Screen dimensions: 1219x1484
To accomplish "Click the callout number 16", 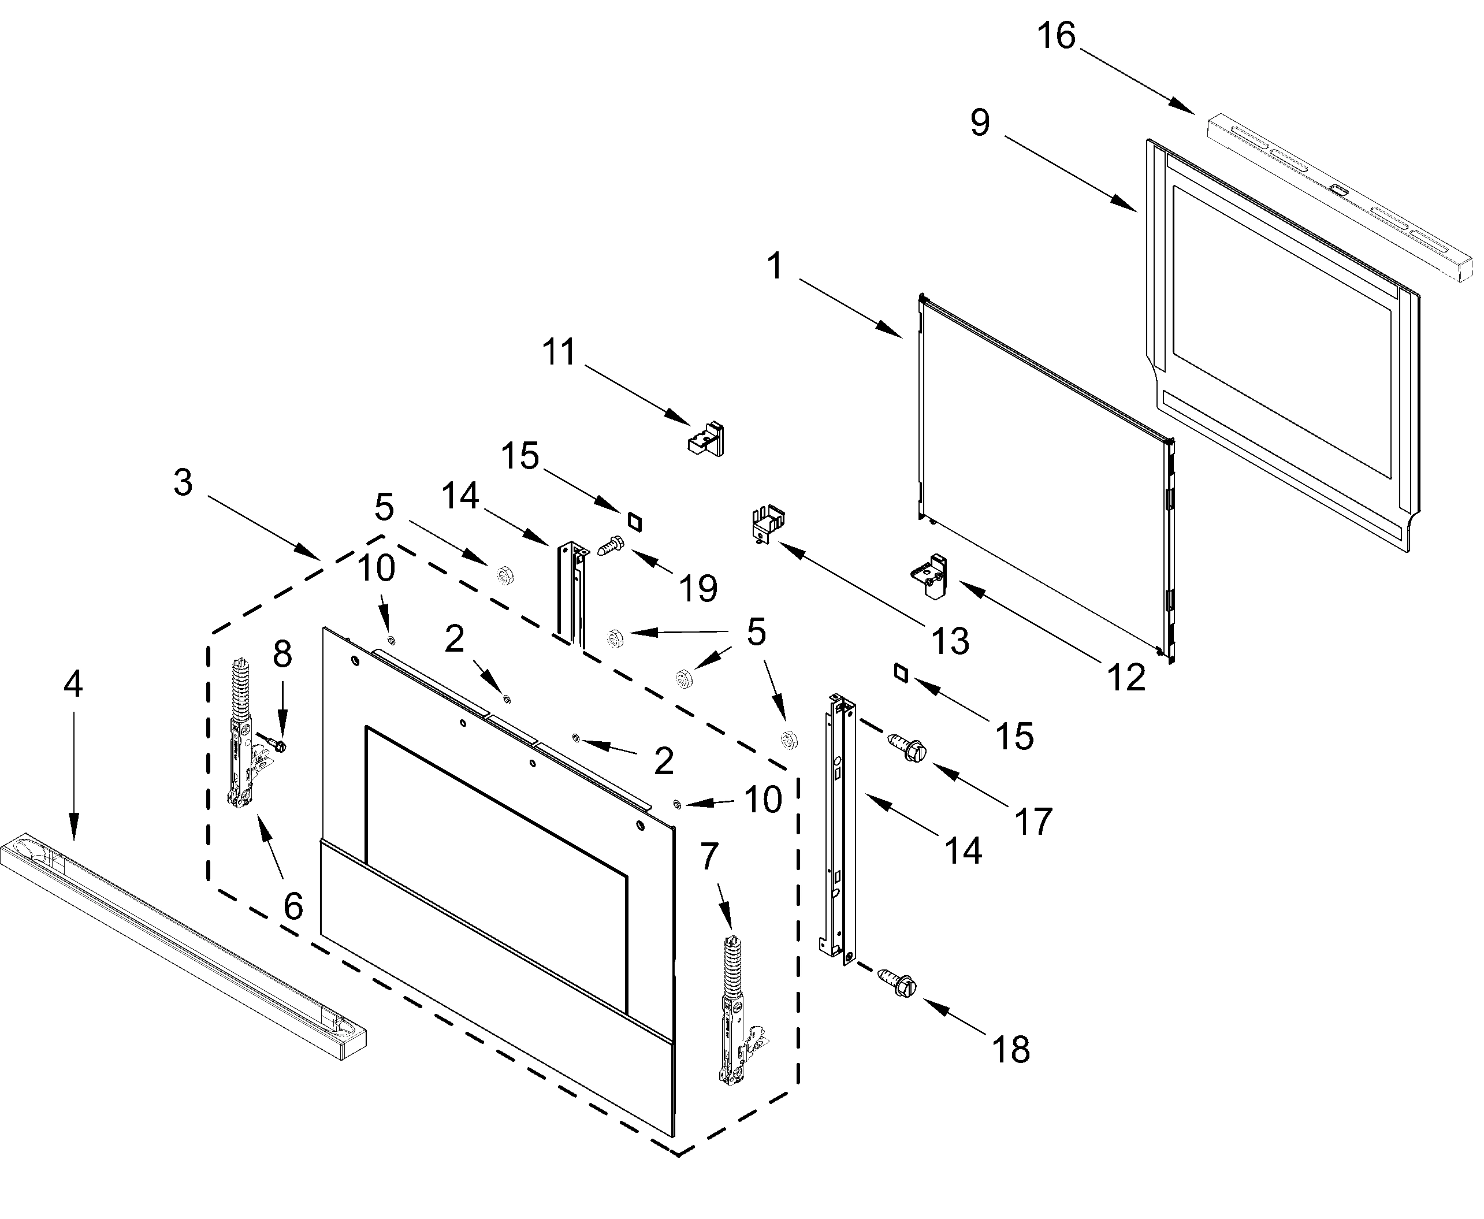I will point(1056,35).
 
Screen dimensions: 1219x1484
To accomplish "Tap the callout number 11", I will point(559,352).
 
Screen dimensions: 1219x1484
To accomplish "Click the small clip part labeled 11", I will point(706,440).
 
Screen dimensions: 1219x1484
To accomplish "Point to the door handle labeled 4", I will point(183,945).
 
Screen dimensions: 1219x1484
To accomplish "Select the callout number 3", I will point(183,483).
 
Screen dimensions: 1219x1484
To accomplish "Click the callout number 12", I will point(1126,677).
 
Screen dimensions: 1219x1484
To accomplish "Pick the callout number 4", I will point(73,683).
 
